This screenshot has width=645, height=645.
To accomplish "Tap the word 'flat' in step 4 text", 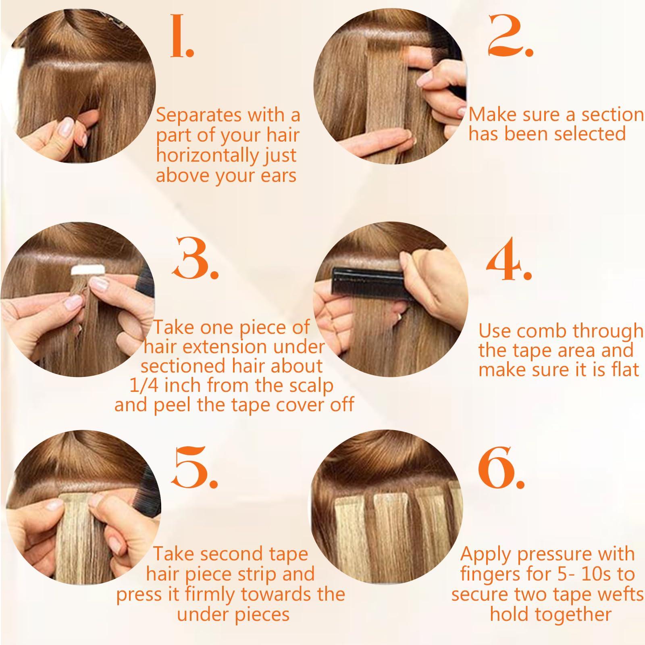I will (624, 369).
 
